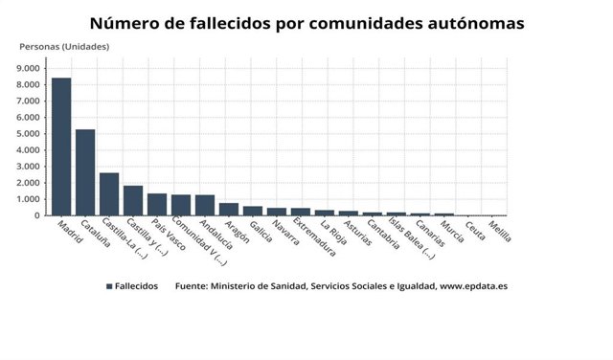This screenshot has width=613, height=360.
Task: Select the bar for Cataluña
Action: pyautogui.click(x=85, y=172)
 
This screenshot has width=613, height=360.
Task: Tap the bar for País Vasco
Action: pyautogui.click(x=157, y=204)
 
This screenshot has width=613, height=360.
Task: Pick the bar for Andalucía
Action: pyautogui.click(x=205, y=205)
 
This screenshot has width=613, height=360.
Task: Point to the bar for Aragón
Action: pyautogui.click(x=229, y=209)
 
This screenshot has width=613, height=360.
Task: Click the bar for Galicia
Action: pyautogui.click(x=253, y=211)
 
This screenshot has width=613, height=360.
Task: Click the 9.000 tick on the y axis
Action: pyautogui.click(x=29, y=68)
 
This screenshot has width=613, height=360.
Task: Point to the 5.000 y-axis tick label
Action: pyautogui.click(x=29, y=134)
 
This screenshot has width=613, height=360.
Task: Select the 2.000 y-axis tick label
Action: pyautogui.click(x=29, y=183)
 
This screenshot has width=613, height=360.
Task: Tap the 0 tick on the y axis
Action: pyautogui.click(x=39, y=215)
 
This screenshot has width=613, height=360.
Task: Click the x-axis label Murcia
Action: pyautogui.click(x=452, y=233)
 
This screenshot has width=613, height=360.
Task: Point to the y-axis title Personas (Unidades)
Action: pyautogui.click(x=63, y=47)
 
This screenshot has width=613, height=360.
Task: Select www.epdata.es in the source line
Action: pyautogui.click(x=472, y=286)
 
